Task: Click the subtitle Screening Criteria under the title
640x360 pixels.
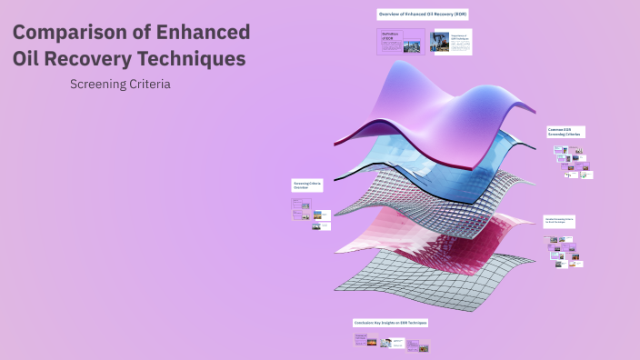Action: [x=120, y=84]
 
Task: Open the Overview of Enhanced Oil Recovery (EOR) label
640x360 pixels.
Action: [x=423, y=15]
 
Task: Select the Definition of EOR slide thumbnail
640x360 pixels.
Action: [x=401, y=41]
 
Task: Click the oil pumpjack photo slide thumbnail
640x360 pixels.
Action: [x=451, y=42]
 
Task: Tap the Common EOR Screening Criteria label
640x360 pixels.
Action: [x=565, y=132]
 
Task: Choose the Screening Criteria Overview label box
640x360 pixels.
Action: [x=307, y=185]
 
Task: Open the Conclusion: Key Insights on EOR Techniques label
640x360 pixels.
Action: [x=390, y=323]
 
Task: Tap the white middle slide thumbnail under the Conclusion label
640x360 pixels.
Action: [x=393, y=343]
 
